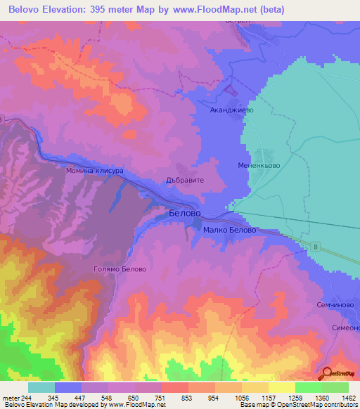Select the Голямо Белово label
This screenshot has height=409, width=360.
(120, 269)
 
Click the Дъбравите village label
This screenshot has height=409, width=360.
(184, 180)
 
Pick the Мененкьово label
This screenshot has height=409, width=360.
(261, 164)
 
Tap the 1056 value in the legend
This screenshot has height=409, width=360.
(231, 398)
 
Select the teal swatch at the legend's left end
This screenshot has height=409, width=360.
(41, 387)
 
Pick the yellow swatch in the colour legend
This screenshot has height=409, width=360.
(281, 387)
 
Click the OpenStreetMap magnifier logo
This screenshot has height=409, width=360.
(326, 374)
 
